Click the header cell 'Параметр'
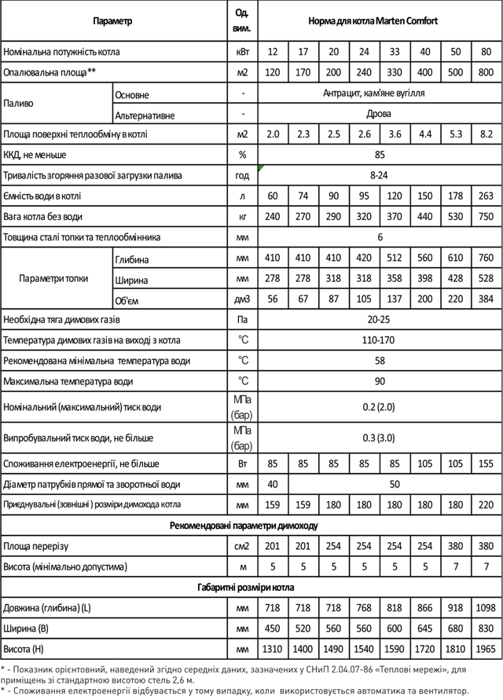[x=112, y=21]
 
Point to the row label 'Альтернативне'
[x=144, y=115]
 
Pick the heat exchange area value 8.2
[x=486, y=134]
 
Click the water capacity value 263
[x=486, y=196]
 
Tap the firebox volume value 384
[x=486, y=299]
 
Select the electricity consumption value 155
[x=486, y=464]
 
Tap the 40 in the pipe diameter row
[x=273, y=484]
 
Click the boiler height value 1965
[x=486, y=649]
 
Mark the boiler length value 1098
[x=486, y=608]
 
